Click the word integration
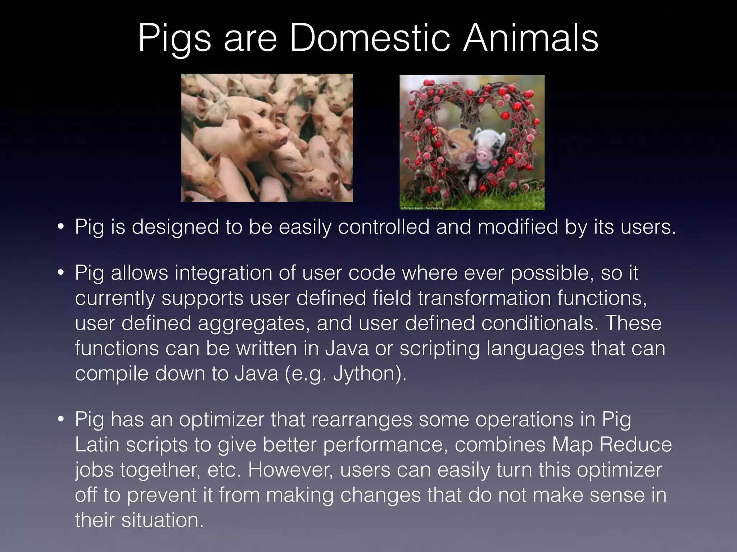[x=224, y=273]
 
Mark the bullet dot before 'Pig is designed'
[x=61, y=227]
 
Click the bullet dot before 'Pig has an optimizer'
[x=61, y=420]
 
